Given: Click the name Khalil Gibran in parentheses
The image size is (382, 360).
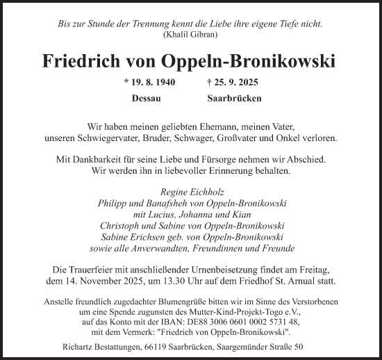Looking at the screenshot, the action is click(191, 34).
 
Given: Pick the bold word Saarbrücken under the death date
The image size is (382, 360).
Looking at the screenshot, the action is click(234, 98).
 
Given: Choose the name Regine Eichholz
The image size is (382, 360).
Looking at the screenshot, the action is click(190, 192).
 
